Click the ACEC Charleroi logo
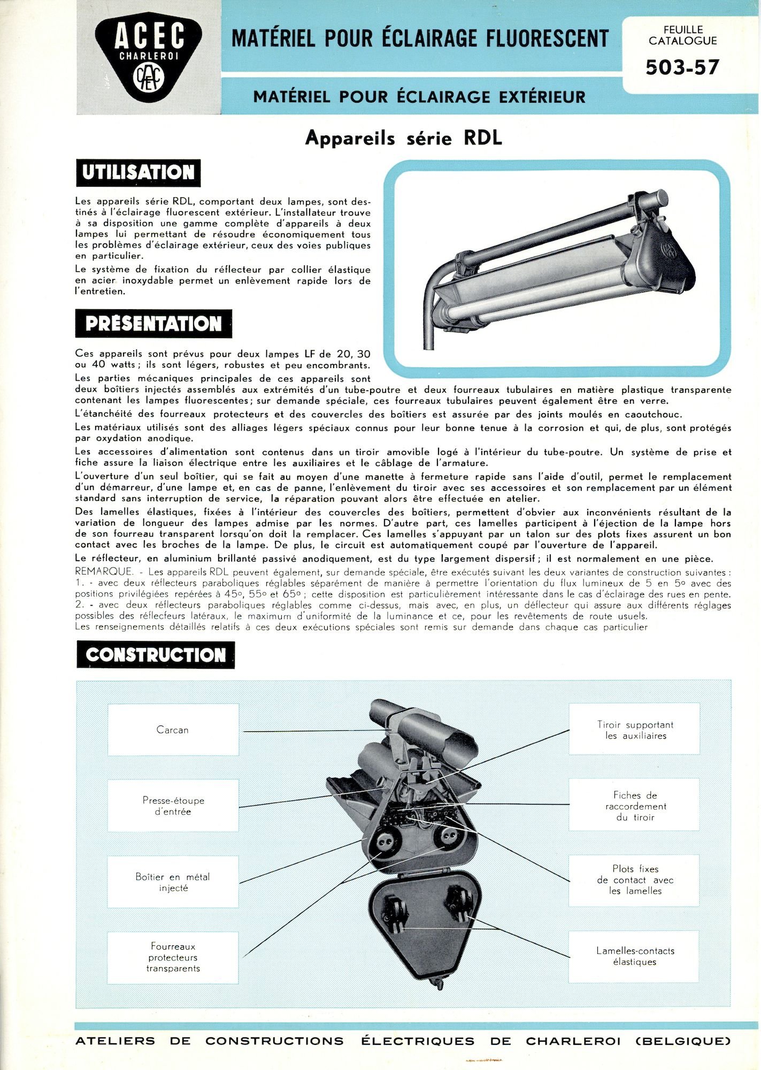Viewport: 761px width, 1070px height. (148, 58)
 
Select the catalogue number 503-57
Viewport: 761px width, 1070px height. (682, 67)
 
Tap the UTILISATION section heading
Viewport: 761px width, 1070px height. (138, 172)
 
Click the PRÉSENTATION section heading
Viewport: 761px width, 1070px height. (153, 324)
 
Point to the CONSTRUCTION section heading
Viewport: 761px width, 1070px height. (155, 655)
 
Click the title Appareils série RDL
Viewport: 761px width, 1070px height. (404, 138)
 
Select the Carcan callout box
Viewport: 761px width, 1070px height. (173, 730)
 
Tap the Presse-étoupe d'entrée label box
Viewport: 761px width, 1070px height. (173, 806)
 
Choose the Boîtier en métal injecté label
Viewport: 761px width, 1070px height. (173, 882)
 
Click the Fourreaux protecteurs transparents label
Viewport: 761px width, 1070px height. (173, 958)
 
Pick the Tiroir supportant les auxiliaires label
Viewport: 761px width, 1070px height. (635, 730)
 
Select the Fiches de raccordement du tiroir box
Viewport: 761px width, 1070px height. (635, 806)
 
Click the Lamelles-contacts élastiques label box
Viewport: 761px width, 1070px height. (635, 956)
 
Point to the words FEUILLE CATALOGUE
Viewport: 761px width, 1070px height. (682, 35)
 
